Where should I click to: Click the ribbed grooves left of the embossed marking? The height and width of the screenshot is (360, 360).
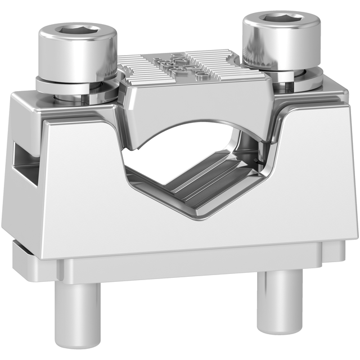[138, 68]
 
